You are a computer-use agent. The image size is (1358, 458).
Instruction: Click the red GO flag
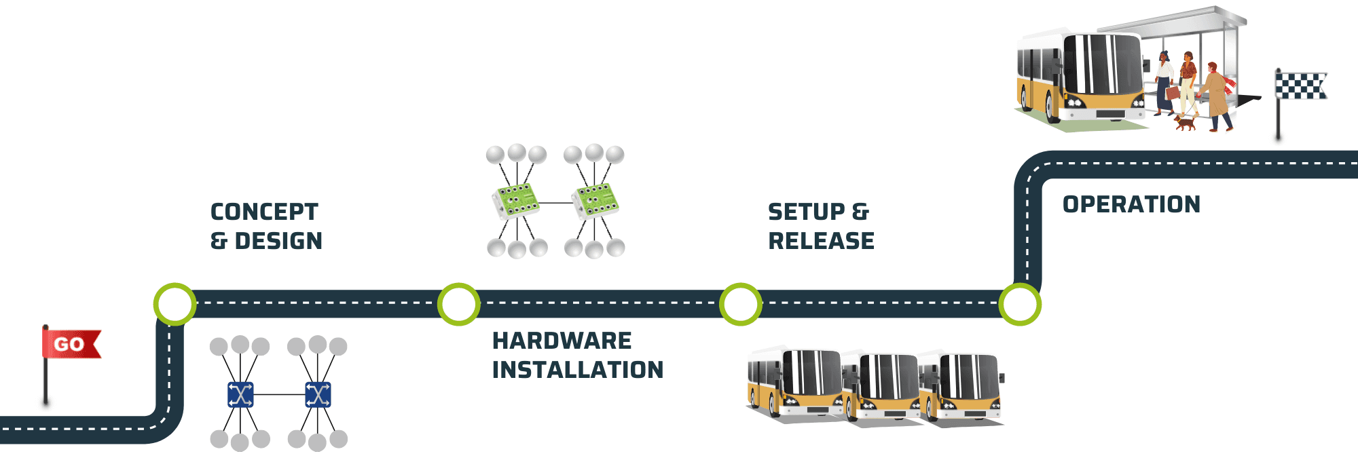[70, 344]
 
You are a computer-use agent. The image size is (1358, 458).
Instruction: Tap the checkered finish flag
[1300, 86]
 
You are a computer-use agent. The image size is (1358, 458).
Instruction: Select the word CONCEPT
[264, 212]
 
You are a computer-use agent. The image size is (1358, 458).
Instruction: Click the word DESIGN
[278, 241]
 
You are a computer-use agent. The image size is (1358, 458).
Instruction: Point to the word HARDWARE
[562, 341]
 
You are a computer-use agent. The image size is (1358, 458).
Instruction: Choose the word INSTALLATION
[578, 370]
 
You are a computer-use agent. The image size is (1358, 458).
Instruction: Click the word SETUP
[806, 212]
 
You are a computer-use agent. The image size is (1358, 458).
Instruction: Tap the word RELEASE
[821, 241]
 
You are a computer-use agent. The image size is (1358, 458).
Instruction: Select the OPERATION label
[1131, 204]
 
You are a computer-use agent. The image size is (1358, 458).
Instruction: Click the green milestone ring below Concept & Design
[175, 304]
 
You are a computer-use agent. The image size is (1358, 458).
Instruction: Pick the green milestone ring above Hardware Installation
[458, 304]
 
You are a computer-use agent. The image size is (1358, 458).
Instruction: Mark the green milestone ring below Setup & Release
[740, 304]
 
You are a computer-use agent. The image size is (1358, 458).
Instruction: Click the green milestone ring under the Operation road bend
[1019, 304]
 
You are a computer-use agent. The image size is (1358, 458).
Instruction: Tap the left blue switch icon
[240, 394]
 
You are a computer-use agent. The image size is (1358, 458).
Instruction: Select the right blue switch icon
[318, 394]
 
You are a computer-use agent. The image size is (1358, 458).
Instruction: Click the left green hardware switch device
[515, 201]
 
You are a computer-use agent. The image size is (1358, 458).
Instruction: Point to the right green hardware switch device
[595, 201]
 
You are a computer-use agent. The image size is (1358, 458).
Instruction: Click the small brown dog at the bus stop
[1186, 123]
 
